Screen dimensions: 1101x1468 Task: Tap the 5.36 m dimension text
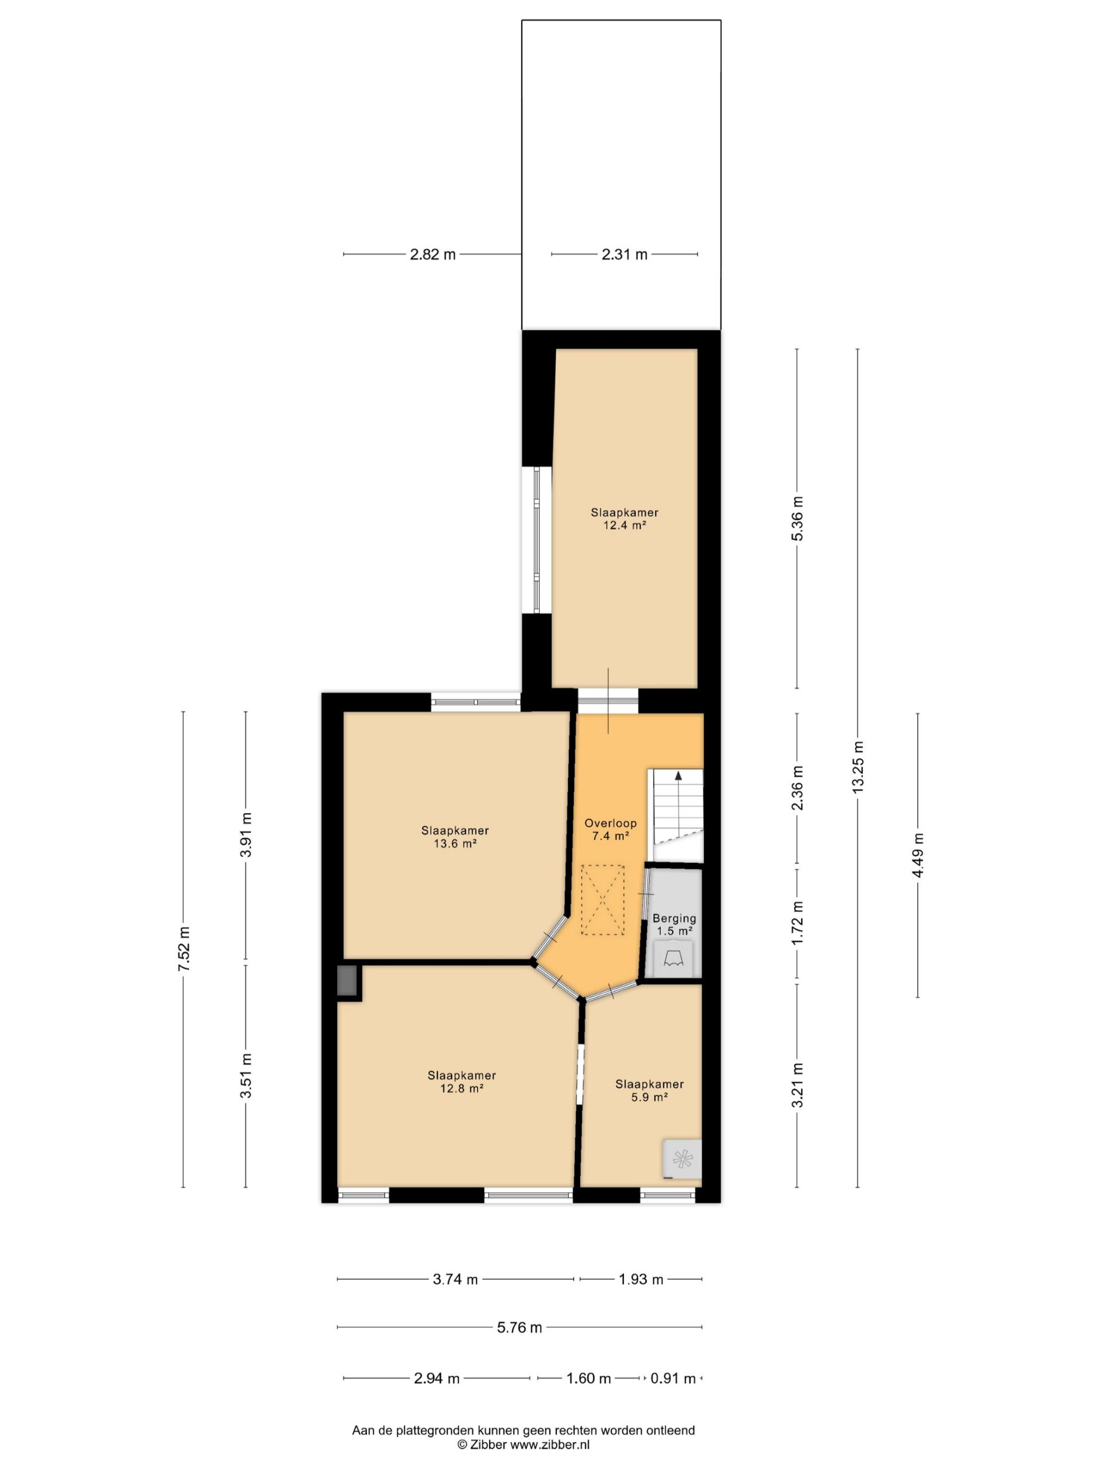(797, 518)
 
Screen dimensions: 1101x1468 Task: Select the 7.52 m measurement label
(183, 949)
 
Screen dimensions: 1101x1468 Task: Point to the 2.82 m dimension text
(433, 254)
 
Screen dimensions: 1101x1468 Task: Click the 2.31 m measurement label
(624, 254)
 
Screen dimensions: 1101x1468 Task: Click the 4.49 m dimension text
(918, 855)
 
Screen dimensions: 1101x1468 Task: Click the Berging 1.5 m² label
(674, 924)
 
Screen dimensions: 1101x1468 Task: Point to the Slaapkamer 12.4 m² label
(624, 518)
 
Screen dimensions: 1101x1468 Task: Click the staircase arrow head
(678, 775)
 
